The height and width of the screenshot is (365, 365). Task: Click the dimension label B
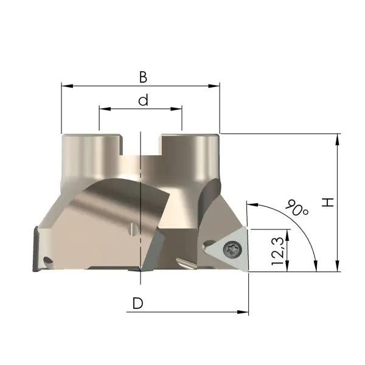143,77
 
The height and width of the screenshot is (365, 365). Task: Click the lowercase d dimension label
143,100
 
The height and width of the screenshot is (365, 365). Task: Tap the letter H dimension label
328,203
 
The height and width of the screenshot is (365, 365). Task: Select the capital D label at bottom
138,303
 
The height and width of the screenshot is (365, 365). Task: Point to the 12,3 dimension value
278,251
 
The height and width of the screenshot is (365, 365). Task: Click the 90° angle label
297,207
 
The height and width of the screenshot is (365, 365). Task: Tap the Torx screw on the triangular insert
232,249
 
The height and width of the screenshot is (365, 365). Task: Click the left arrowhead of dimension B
68,86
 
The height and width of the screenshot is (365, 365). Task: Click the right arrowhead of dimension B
214,86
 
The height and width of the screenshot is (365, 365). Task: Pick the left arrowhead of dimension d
105,109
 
